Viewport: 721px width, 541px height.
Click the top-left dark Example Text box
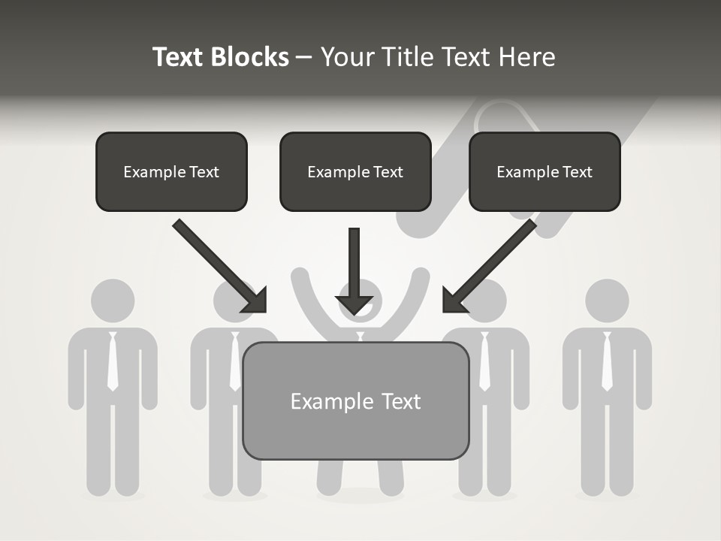[x=171, y=172]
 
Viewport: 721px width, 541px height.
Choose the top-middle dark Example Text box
[x=355, y=172]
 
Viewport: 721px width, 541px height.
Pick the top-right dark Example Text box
[x=545, y=172]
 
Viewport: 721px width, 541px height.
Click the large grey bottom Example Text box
[x=355, y=401]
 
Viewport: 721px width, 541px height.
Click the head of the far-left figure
[x=113, y=301]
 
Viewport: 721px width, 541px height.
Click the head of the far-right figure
[x=607, y=301]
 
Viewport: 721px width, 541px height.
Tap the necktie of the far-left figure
[x=113, y=361]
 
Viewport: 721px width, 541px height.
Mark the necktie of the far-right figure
[x=607, y=361]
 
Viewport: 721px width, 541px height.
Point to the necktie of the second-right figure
[x=484, y=361]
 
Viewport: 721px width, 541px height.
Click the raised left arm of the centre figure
[x=304, y=293]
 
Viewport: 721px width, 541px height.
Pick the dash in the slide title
[x=304, y=58]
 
